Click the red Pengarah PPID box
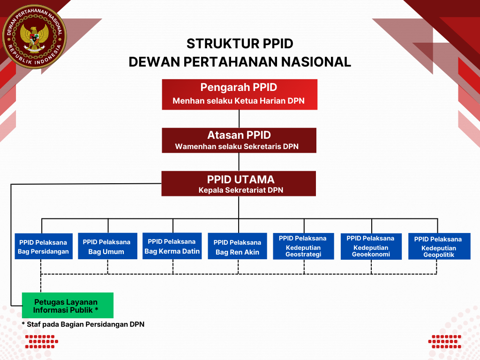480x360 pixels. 240,94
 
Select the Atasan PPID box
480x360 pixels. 239,140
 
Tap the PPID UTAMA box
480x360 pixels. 239,183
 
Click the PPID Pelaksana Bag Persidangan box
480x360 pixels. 44,247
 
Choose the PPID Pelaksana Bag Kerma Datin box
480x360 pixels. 172,246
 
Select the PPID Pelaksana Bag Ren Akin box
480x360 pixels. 237,247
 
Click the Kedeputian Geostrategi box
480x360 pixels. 303,246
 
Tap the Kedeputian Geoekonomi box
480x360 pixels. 371,246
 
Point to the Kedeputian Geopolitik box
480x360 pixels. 439,247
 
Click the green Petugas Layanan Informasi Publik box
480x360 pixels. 67,306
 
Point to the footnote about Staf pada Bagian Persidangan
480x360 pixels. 83,324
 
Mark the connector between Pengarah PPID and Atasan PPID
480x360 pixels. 240,119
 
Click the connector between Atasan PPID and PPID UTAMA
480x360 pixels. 239,162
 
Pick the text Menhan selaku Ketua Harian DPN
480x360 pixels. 239,101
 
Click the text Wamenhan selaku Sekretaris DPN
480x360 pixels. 237,147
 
